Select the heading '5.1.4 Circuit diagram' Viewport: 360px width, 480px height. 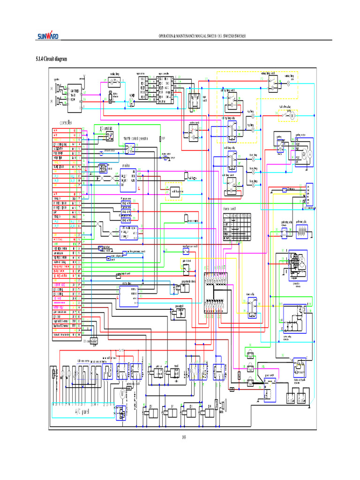52,59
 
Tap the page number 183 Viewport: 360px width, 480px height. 184,438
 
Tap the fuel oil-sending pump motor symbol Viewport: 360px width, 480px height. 292,115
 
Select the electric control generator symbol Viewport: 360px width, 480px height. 130,149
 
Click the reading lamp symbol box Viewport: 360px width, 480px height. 114,81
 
